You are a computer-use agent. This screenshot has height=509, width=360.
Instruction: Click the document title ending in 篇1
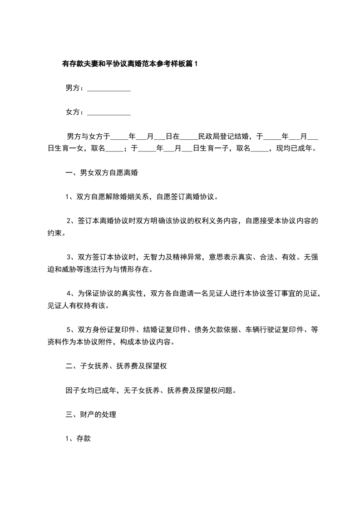[x=130, y=64]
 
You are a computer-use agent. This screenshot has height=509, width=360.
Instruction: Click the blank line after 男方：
[x=108, y=89]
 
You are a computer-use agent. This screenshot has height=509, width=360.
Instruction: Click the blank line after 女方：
[x=108, y=113]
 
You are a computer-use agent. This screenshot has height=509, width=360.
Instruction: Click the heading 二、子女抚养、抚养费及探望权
[x=117, y=366]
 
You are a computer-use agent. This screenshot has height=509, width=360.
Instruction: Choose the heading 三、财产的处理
[x=91, y=414]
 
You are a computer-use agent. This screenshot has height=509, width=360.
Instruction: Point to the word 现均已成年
[x=298, y=148]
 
